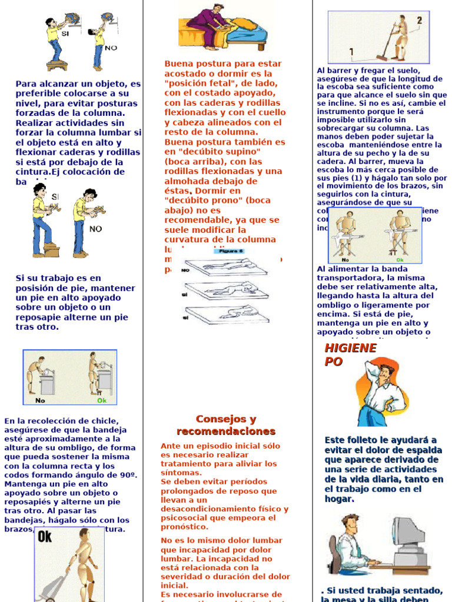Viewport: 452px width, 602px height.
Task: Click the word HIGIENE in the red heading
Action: (350, 348)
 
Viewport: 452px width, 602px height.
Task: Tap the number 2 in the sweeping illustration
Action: (419, 21)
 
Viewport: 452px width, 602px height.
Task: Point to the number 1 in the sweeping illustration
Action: (351, 52)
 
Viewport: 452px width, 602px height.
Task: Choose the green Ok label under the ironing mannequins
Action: (400, 259)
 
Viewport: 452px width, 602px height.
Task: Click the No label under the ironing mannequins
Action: (345, 259)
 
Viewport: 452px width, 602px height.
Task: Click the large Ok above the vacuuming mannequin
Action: (45, 536)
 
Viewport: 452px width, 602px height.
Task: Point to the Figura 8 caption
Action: (230, 251)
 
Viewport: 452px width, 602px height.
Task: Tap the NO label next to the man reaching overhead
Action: (110, 48)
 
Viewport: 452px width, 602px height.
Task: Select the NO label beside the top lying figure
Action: (185, 270)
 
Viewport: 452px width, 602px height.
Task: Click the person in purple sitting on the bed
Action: (211, 26)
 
